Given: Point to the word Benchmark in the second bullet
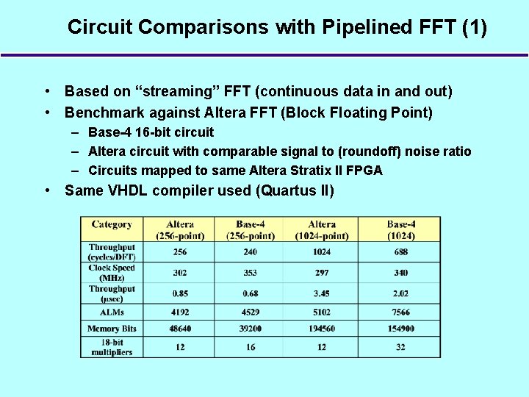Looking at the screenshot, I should pos(101,112).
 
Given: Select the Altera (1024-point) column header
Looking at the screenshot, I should pos(322,229).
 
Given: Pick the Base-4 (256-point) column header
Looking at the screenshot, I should pos(251,229).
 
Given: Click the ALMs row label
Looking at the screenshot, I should pos(112,312).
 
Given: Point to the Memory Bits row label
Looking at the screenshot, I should pos(112,329).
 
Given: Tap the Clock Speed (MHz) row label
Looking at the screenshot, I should pos(112,273).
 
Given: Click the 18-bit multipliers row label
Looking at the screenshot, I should pos(112,347).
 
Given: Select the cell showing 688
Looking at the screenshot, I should pos(400,252).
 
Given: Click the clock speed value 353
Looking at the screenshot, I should pos(251,273).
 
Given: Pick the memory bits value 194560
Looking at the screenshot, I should pos(322,329).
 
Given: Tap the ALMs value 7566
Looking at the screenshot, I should pos(400,312).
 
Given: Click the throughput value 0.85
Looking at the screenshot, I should pos(180,294).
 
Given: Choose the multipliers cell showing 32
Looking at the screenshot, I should pos(400,347).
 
